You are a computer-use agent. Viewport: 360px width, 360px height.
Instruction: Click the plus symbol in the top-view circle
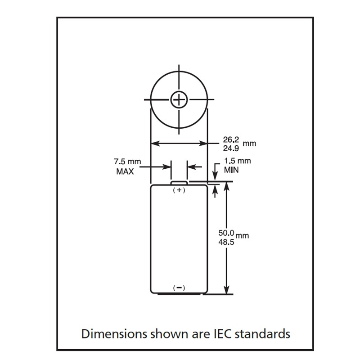click(x=179, y=99)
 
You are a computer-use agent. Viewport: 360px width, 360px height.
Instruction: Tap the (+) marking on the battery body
click(x=179, y=190)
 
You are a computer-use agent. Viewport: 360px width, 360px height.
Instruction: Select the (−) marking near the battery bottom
click(x=179, y=288)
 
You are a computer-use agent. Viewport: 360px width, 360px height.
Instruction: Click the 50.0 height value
click(x=226, y=233)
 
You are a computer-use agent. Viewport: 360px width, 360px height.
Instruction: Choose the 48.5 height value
click(x=226, y=241)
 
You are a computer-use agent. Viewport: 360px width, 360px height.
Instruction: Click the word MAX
click(x=125, y=171)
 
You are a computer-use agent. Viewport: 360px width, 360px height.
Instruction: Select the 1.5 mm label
click(x=237, y=161)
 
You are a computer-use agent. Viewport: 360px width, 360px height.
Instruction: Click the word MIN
click(x=231, y=170)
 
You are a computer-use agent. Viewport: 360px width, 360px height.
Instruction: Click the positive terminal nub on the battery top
click(x=179, y=182)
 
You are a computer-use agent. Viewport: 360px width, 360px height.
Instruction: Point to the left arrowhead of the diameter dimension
click(x=153, y=144)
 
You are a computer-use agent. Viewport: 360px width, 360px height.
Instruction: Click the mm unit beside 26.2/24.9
click(x=249, y=144)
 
